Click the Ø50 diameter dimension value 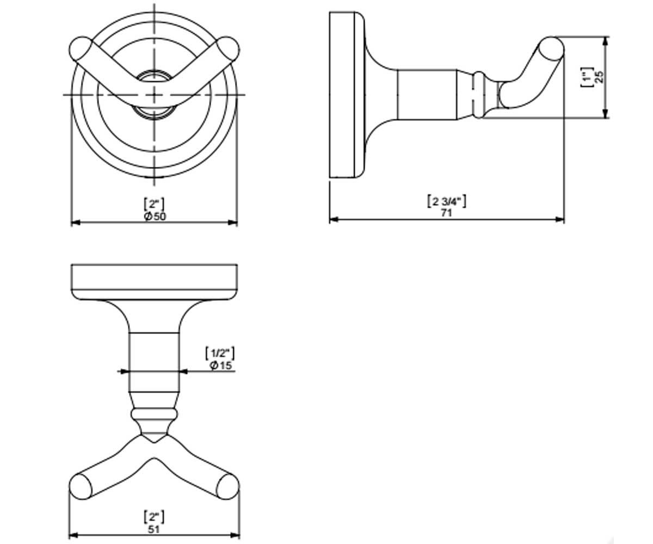(155, 217)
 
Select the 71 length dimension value (446, 213)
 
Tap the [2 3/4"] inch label (447, 201)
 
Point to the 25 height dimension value (600, 77)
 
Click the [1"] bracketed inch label (587, 77)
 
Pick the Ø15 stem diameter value (221, 365)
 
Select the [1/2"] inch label (220, 353)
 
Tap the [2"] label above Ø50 (154, 204)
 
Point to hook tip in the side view (552, 48)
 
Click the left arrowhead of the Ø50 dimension (76, 222)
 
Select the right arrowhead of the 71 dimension (560, 219)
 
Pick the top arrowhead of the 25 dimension (606, 41)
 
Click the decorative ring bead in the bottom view (154, 415)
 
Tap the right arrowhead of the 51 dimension (235, 535)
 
